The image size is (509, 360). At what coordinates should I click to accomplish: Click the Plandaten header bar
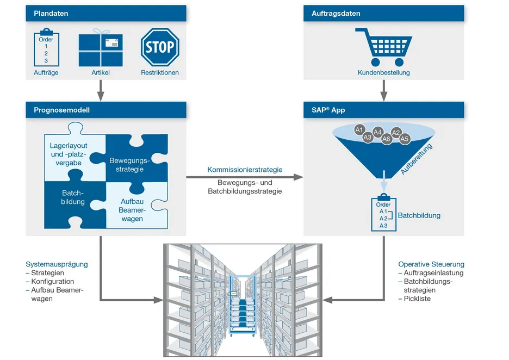(x=105, y=14)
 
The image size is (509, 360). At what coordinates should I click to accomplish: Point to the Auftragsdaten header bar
(x=383, y=14)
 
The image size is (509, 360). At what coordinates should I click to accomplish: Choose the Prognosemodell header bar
(x=105, y=110)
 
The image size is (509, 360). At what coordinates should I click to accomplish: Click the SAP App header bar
(x=383, y=110)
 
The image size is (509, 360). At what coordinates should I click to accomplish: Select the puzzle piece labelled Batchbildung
(x=73, y=198)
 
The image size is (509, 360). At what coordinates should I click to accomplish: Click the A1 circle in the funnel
(x=359, y=129)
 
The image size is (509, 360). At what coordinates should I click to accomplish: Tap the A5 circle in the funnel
(x=404, y=139)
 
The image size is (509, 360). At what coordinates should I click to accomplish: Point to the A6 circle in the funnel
(x=387, y=139)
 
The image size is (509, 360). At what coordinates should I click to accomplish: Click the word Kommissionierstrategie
(x=245, y=170)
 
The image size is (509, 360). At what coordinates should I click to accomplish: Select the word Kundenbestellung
(x=383, y=73)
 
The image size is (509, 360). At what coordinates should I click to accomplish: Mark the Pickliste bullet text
(x=417, y=299)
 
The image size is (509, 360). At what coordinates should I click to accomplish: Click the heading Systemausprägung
(x=57, y=264)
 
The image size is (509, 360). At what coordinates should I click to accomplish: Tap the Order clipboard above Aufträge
(x=46, y=49)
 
